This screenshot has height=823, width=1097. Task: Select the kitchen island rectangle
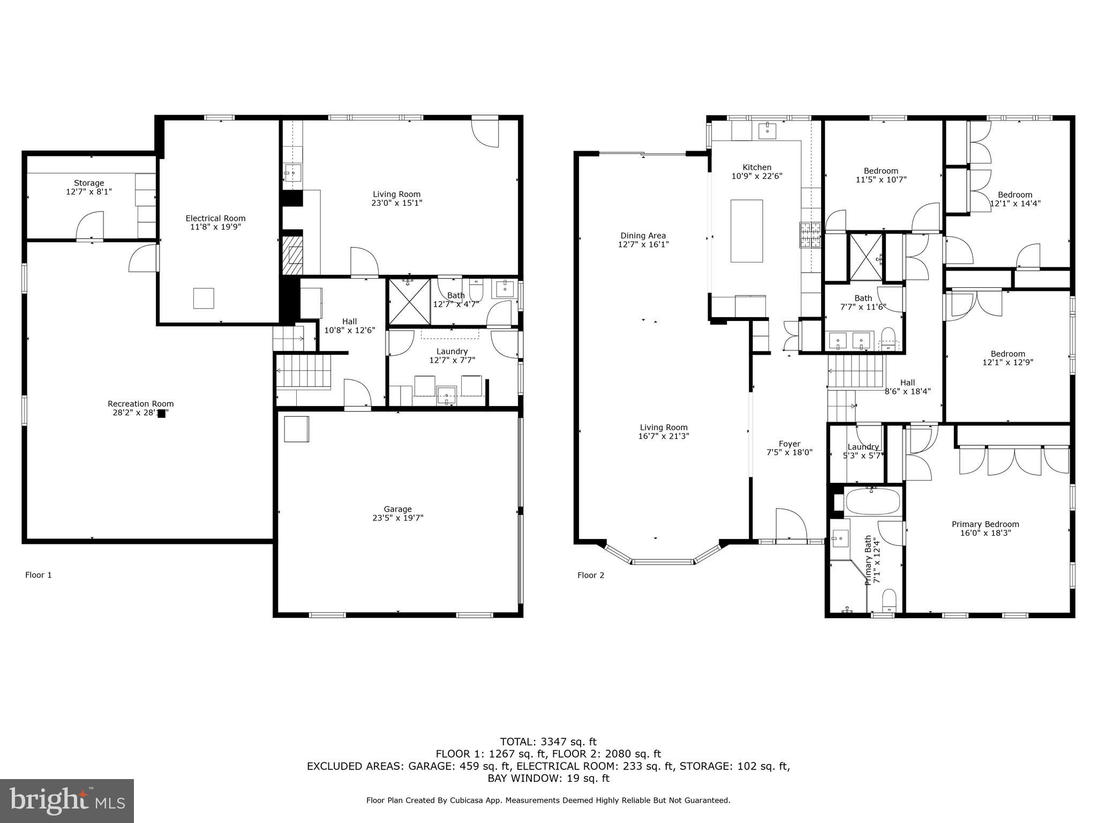click(x=747, y=231)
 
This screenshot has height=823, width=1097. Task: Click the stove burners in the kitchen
click(x=810, y=235)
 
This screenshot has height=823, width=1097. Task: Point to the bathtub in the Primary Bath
click(x=873, y=502)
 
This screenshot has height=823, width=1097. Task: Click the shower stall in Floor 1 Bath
click(x=409, y=301)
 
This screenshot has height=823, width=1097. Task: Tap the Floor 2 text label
click(x=590, y=575)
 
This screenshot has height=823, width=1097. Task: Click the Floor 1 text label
click(x=39, y=575)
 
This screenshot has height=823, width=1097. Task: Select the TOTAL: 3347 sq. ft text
click(x=548, y=742)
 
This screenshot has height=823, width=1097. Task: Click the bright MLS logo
click(x=67, y=801)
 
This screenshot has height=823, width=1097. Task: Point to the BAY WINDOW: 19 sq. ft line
click(x=548, y=779)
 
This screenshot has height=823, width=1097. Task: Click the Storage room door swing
click(x=89, y=226)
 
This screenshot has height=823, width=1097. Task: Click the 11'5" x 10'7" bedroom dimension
click(x=881, y=180)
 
